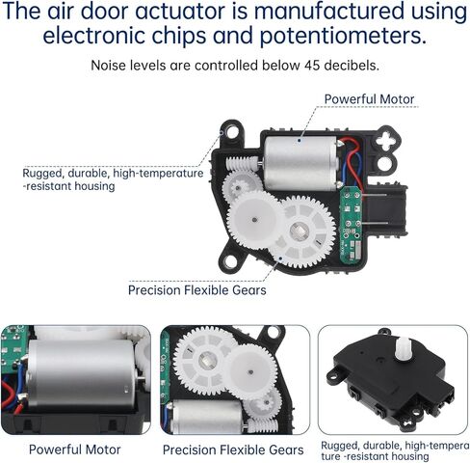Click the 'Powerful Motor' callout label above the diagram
[368, 99]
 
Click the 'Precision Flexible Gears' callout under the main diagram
[198, 288]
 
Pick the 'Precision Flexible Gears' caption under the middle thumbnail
[232, 449]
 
